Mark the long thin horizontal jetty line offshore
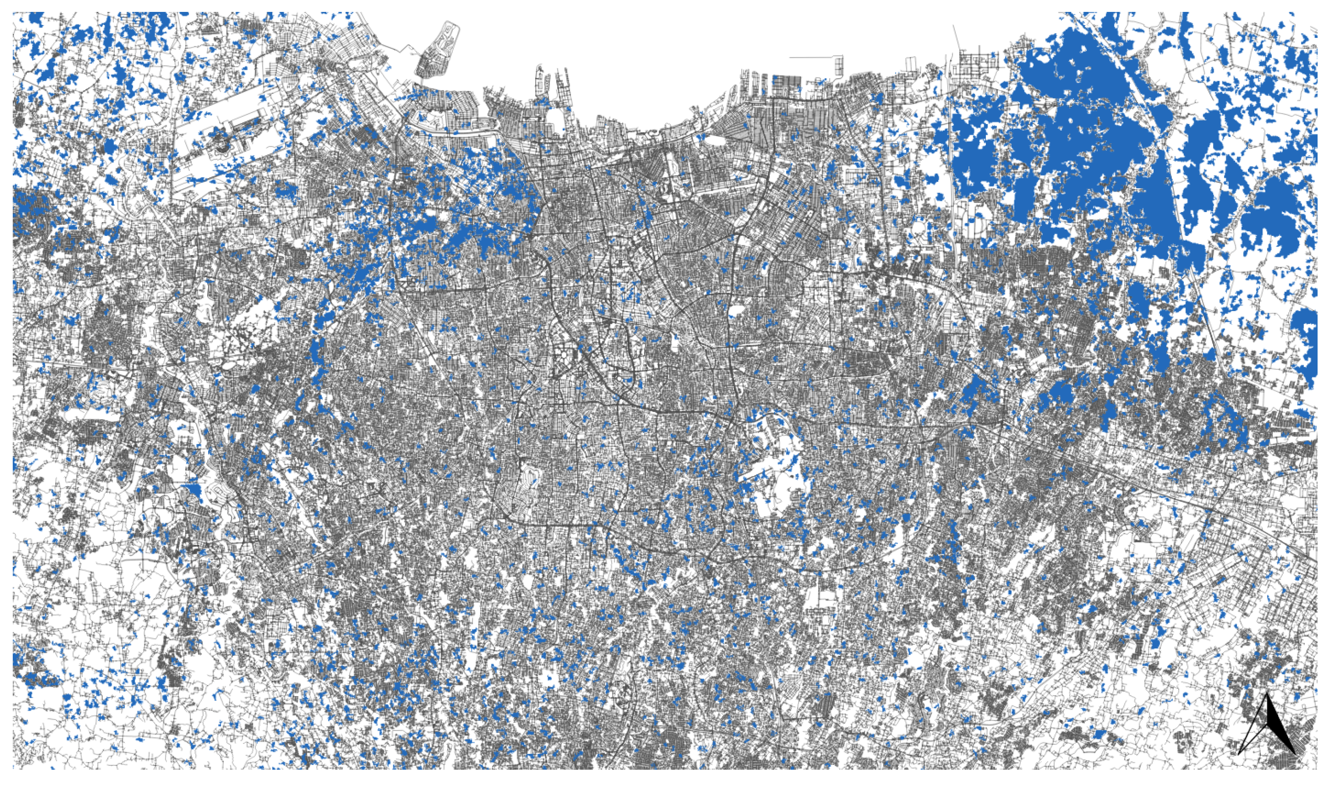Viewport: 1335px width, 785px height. point(813,56)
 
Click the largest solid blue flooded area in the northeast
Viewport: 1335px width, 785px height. point(1091,133)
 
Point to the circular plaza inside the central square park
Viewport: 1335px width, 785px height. point(566,354)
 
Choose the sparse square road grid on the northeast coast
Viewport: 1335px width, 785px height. point(977,66)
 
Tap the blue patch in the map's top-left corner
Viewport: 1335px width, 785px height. point(36,20)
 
